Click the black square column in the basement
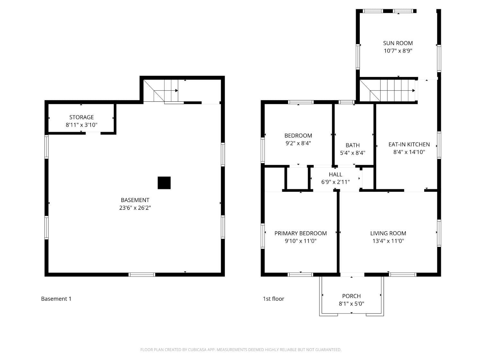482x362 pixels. [x=164, y=183]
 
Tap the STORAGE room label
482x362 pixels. [x=82, y=117]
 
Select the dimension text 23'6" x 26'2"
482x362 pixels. [x=135, y=208]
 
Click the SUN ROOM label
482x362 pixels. [x=398, y=43]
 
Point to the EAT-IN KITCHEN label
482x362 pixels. [x=409, y=144]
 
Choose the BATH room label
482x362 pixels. [x=353, y=145]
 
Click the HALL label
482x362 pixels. [x=335, y=174]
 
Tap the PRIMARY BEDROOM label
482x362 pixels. [x=300, y=233]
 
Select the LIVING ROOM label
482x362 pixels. [x=388, y=233]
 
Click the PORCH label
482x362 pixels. [x=351, y=296]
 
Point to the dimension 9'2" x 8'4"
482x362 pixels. [x=298, y=144]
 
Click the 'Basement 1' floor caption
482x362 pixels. [x=56, y=299]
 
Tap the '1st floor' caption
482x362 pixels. [x=273, y=299]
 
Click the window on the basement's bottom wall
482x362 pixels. [x=142, y=274]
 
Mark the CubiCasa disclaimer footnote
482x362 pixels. [x=241, y=350]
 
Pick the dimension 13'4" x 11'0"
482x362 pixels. [x=388, y=241]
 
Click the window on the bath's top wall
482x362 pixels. [x=347, y=102]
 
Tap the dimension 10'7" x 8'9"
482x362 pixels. [x=398, y=51]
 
